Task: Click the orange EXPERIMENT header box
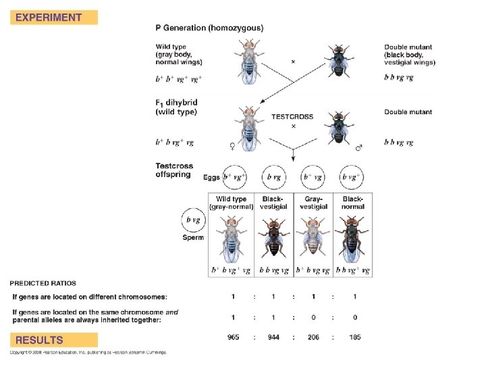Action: click(x=53, y=18)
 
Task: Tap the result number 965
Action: click(x=233, y=336)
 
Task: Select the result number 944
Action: click(x=273, y=336)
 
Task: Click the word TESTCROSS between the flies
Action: click(x=292, y=116)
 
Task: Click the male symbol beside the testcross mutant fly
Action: click(x=358, y=146)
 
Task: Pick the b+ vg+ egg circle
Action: click(x=234, y=177)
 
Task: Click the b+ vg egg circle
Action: click(x=313, y=177)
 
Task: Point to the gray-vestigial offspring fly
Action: click(x=313, y=240)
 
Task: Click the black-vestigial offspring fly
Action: click(x=273, y=240)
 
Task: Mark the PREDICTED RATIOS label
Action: click(x=43, y=283)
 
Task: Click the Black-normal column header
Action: click(x=352, y=203)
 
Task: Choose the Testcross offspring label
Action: click(x=175, y=170)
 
